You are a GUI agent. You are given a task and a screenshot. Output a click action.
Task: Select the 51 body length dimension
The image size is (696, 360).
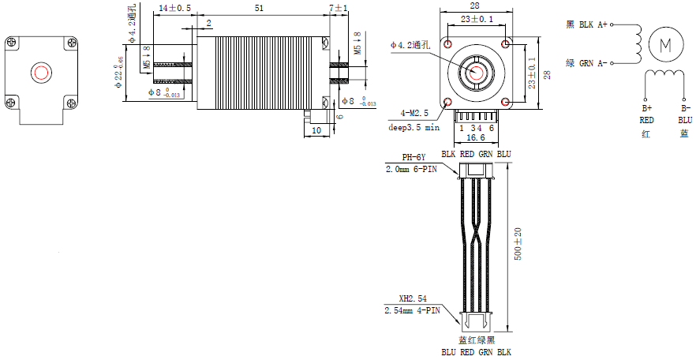click(259, 7)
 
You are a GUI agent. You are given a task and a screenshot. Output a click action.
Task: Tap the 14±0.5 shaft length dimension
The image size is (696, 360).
click(174, 7)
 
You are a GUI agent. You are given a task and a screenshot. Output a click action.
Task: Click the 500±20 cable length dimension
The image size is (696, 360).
click(518, 245)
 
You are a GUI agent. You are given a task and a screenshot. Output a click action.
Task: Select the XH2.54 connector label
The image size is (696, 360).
click(413, 299)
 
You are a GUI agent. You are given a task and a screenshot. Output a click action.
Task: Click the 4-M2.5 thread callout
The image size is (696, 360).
click(416, 114)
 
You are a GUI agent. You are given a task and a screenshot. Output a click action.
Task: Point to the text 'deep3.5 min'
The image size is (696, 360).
click(413, 126)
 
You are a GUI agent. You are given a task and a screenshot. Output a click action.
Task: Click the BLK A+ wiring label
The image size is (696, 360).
click(587, 24)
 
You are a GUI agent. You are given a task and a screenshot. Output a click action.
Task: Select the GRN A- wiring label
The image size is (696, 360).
click(587, 62)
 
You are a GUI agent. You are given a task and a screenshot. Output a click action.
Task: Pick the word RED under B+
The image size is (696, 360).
click(646, 120)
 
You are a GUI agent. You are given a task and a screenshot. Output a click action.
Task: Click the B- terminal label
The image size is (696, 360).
click(686, 107)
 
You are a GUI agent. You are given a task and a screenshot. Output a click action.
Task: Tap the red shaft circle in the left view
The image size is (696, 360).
click(40, 73)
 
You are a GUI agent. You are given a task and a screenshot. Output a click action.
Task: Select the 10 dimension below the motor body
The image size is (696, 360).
click(316, 129)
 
